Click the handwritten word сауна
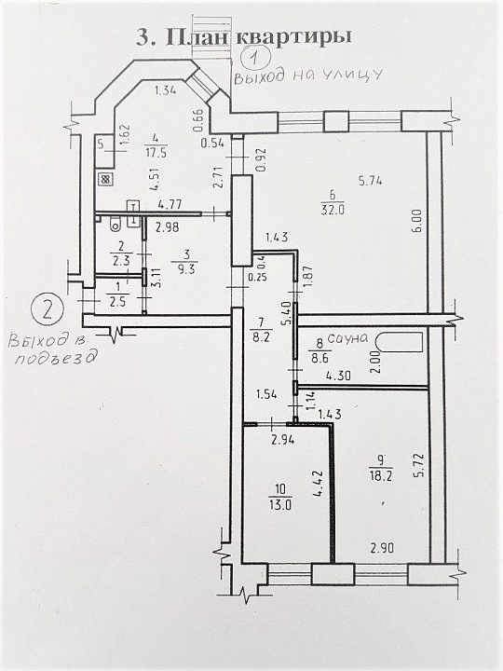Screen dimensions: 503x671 pos(347,338)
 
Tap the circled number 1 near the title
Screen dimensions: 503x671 pos(255,58)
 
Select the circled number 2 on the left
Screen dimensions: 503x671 pos(48,309)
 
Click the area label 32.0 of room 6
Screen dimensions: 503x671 pos(333,210)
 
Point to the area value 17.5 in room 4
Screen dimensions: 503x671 pos(156,153)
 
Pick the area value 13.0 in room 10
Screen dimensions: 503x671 pos(280,505)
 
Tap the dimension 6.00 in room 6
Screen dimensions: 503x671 pos(418,220)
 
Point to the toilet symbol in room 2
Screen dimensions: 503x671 pos(116,224)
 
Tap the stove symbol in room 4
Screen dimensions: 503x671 pos(105,179)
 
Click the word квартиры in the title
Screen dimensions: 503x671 pos(294,36)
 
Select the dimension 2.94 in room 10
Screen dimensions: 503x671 pos(284,440)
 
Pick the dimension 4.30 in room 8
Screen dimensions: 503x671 pos(338,376)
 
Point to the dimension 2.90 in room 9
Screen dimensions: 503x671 pos(383,548)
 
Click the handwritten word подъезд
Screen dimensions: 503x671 pos(54,359)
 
